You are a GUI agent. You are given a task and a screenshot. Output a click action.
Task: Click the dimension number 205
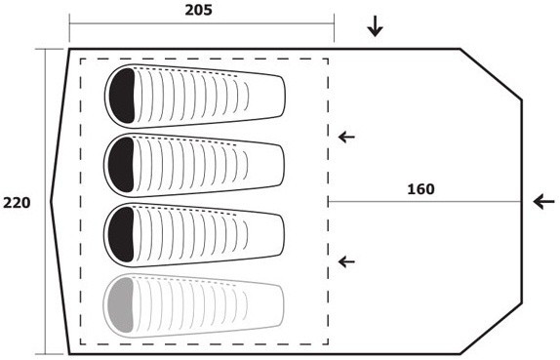click(x=198, y=10)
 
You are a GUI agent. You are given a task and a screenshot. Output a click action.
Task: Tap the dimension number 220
click(x=17, y=203)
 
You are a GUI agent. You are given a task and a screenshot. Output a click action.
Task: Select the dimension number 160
click(x=421, y=189)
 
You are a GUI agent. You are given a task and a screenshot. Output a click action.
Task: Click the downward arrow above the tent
click(x=375, y=27)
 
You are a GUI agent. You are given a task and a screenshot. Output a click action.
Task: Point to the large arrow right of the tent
click(x=544, y=202)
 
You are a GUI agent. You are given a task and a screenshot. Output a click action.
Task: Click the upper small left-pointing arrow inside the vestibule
click(x=346, y=137)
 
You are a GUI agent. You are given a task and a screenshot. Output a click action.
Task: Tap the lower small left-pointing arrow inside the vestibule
click(x=346, y=262)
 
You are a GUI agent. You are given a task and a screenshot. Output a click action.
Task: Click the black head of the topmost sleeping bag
click(x=122, y=96)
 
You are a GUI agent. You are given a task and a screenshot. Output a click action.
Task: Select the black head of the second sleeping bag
click(x=121, y=165)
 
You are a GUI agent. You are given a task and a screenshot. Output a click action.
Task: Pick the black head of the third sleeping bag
click(x=121, y=235)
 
